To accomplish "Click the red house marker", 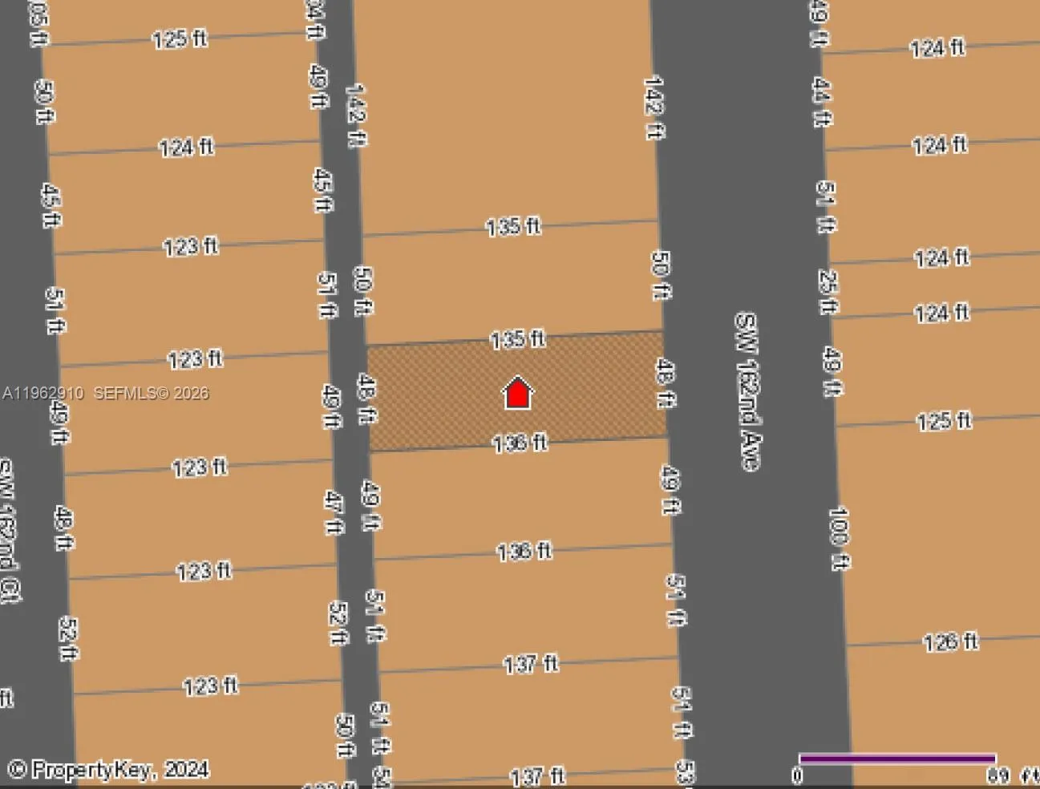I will (518, 393).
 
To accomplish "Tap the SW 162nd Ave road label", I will (748, 390).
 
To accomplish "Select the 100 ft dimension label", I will (839, 538).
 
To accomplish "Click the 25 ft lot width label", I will (828, 291).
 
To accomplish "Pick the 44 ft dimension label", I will (822, 102).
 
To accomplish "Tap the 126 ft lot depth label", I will (950, 642).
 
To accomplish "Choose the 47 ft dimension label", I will (334, 513).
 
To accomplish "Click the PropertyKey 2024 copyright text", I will (109, 770).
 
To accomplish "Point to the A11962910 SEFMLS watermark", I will (105, 393).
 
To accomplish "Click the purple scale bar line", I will (897, 759).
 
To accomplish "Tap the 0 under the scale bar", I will (797, 775).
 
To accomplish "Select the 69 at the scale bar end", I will (998, 775).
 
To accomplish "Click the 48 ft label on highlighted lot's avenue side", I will (665, 383).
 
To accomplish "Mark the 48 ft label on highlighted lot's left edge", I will (366, 399).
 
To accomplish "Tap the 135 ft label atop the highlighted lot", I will (517, 339).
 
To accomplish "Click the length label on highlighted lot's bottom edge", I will (520, 442).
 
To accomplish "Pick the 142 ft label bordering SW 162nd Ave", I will (654, 107).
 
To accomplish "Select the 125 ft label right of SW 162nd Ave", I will (944, 421).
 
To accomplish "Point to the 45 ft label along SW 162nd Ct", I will (51, 205).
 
